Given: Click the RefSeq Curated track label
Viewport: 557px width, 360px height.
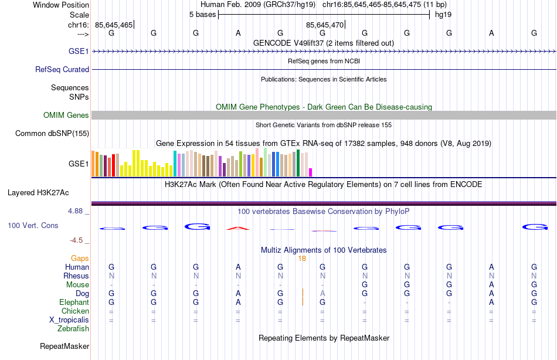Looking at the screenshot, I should (62, 69).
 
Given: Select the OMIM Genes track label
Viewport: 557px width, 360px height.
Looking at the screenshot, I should (66, 115).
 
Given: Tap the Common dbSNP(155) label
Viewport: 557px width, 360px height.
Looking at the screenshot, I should (52, 133).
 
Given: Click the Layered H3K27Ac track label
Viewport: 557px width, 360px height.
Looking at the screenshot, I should (38, 192).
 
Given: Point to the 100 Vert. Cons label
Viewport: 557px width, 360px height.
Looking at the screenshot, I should (33, 225).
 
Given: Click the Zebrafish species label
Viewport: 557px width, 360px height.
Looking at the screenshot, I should (73, 329).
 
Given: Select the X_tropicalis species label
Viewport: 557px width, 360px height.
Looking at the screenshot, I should (69, 320).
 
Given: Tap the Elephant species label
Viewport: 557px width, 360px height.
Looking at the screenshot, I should (74, 302).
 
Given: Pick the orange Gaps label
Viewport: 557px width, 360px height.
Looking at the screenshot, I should (80, 258).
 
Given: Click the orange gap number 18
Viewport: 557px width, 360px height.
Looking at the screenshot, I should (302, 258).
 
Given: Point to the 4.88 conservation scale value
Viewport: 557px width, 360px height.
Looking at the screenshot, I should (79, 210).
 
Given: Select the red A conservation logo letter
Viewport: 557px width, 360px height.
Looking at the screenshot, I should (238, 227).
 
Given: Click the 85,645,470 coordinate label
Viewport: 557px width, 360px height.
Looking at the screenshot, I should (325, 25).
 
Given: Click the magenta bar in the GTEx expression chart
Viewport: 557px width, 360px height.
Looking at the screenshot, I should (310, 172).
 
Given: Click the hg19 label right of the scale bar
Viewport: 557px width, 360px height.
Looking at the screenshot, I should (443, 14).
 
